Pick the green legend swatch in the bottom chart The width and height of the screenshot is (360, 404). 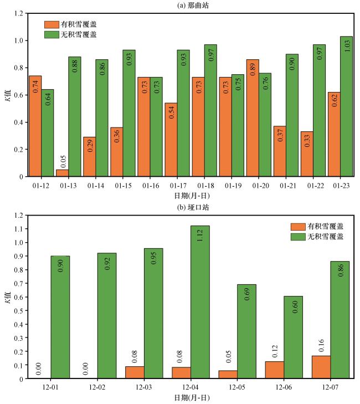click(x=300, y=236)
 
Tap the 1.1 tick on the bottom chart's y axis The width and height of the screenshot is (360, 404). click(x=18, y=229)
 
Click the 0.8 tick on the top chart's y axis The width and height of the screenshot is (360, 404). click(x=18, y=68)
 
